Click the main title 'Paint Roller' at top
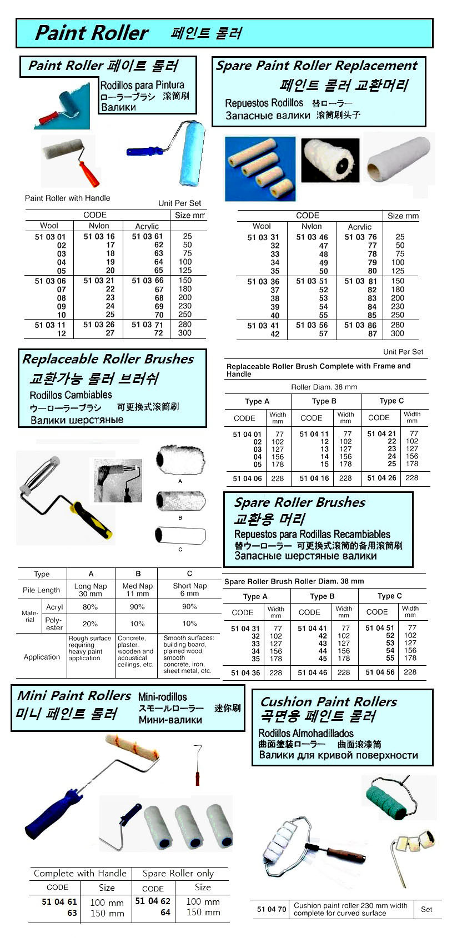[x=92, y=33]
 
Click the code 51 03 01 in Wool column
[x=50, y=237]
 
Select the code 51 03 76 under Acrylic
[x=360, y=237]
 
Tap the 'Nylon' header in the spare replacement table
[x=312, y=226]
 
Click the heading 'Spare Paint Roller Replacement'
[x=316, y=66]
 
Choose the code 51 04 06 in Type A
[x=247, y=479]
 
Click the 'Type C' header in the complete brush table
[x=391, y=401]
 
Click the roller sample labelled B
[x=180, y=502]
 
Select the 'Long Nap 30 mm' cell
[x=91, y=590]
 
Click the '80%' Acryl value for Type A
[x=90, y=607]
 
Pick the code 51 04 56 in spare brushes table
[x=380, y=672]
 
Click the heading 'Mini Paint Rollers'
[x=74, y=696]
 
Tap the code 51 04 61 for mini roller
[x=59, y=902]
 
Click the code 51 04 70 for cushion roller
[x=272, y=909]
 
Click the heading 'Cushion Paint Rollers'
[x=328, y=702]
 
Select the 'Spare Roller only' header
[x=178, y=873]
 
